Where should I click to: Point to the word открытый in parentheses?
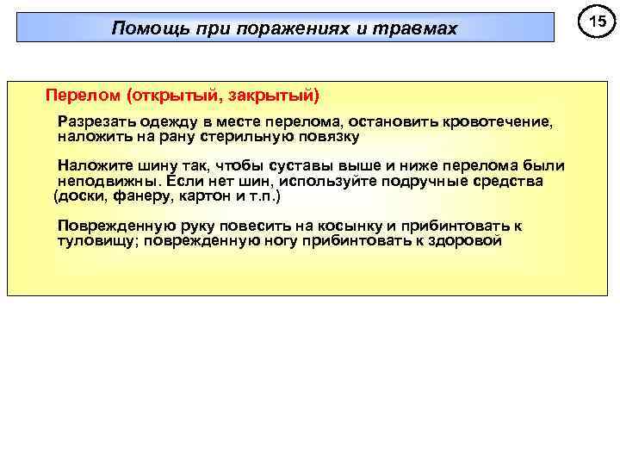click(170, 93)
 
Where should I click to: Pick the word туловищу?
click(94, 242)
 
